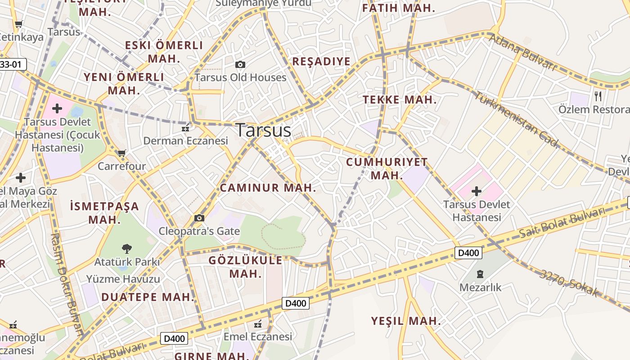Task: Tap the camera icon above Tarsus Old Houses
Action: [240, 65]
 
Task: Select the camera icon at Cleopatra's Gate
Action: [199, 218]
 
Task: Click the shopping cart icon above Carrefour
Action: [121, 153]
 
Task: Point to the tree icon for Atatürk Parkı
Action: [127, 248]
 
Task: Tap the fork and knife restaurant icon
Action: [598, 96]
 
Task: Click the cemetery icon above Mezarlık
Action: [480, 274]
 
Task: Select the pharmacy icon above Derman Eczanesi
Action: [185, 129]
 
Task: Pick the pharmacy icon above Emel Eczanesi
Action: [258, 324]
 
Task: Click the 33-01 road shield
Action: [12, 64]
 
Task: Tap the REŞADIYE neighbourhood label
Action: [321, 62]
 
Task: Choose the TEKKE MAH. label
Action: [400, 100]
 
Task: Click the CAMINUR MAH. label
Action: [268, 188]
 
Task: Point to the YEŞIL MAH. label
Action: [406, 321]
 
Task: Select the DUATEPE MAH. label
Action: [148, 297]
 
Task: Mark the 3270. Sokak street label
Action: [570, 283]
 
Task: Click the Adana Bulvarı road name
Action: [522, 52]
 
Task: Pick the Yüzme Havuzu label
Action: [123, 279]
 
